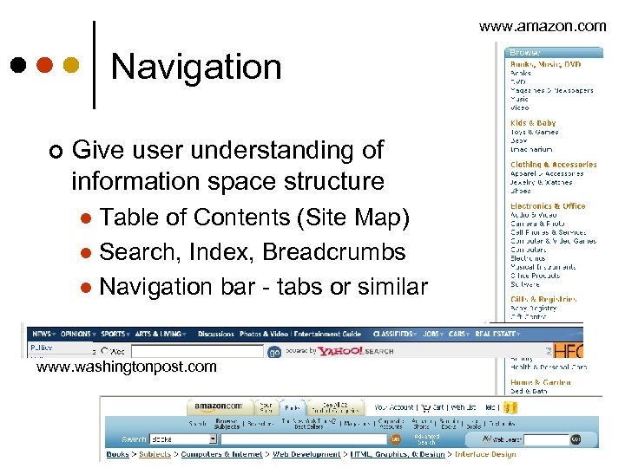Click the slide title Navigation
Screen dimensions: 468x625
click(196, 68)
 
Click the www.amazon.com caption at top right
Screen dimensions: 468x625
click(543, 26)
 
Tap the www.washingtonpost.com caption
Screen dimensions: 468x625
click(126, 367)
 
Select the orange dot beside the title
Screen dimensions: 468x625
click(43, 66)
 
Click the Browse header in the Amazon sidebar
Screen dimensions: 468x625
click(525, 53)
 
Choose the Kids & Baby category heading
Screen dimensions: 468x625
click(533, 123)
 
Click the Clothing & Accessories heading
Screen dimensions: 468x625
click(553, 165)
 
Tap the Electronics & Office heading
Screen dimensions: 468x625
click(548, 206)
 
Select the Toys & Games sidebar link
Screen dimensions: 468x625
click(534, 132)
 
